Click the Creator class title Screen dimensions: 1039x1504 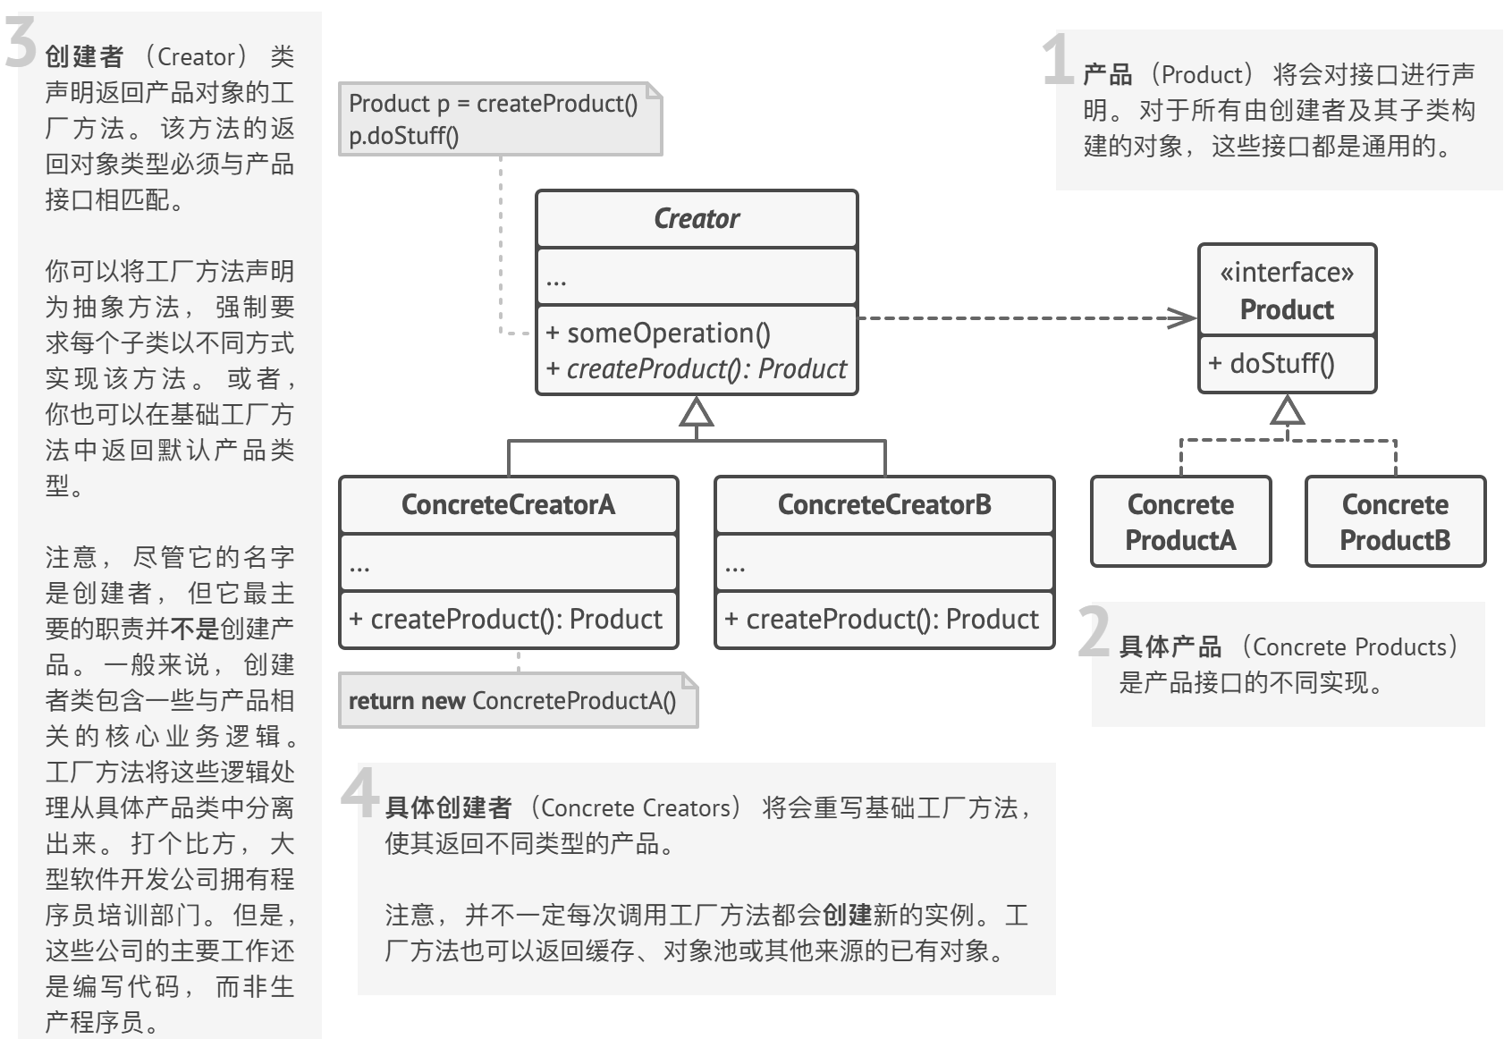pyautogui.click(x=697, y=218)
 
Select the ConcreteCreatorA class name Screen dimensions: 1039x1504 pyautogui.click(x=508, y=504)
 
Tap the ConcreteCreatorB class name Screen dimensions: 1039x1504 pyautogui.click(x=884, y=504)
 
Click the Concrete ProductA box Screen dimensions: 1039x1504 pyautogui.click(x=1180, y=522)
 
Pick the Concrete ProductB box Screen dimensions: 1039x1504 pyautogui.click(x=1395, y=522)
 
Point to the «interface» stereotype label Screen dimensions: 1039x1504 pyautogui.click(x=1287, y=272)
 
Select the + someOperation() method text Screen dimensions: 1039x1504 pyautogui.click(x=658, y=333)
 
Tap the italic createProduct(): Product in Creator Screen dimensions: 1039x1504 pyautogui.click(x=697, y=368)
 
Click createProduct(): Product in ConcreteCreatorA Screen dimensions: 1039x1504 pyautogui.click(x=506, y=619)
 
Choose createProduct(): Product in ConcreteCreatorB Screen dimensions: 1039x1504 pyautogui.click(x=883, y=619)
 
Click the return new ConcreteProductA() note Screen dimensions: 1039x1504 pyautogui.click(x=512, y=701)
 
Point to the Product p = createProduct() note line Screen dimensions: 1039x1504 pyautogui.click(x=493, y=104)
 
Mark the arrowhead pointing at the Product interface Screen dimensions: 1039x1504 pyautogui.click(x=1184, y=317)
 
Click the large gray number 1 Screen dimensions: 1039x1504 pyautogui.click(x=1059, y=60)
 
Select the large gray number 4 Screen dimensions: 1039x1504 pyautogui.click(x=359, y=792)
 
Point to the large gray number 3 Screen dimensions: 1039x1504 pyautogui.click(x=20, y=43)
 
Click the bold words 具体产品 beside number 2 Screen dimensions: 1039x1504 pyautogui.click(x=1170, y=646)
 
